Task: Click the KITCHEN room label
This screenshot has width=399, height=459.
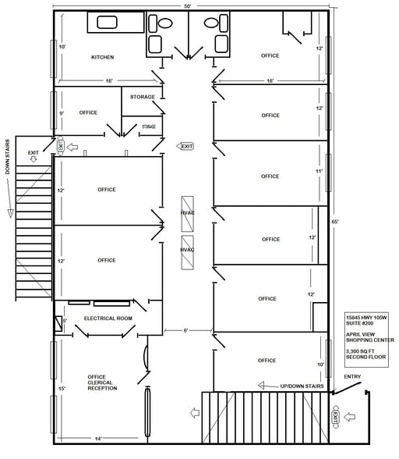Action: (x=103, y=57)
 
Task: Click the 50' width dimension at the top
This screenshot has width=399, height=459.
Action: (x=188, y=5)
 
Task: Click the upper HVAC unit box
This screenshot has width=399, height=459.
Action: (x=187, y=212)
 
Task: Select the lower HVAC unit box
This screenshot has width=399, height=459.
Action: (x=187, y=251)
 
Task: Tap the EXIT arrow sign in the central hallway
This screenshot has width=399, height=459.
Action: (x=185, y=146)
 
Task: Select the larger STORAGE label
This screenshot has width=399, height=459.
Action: (x=143, y=97)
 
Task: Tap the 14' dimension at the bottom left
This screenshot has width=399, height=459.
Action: (x=99, y=439)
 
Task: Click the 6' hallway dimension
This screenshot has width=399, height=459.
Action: (x=186, y=331)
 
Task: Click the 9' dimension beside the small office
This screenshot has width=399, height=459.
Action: (x=62, y=113)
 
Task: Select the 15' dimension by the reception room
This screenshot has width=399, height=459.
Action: (x=62, y=388)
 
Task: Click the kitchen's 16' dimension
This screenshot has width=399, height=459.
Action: (x=110, y=80)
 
